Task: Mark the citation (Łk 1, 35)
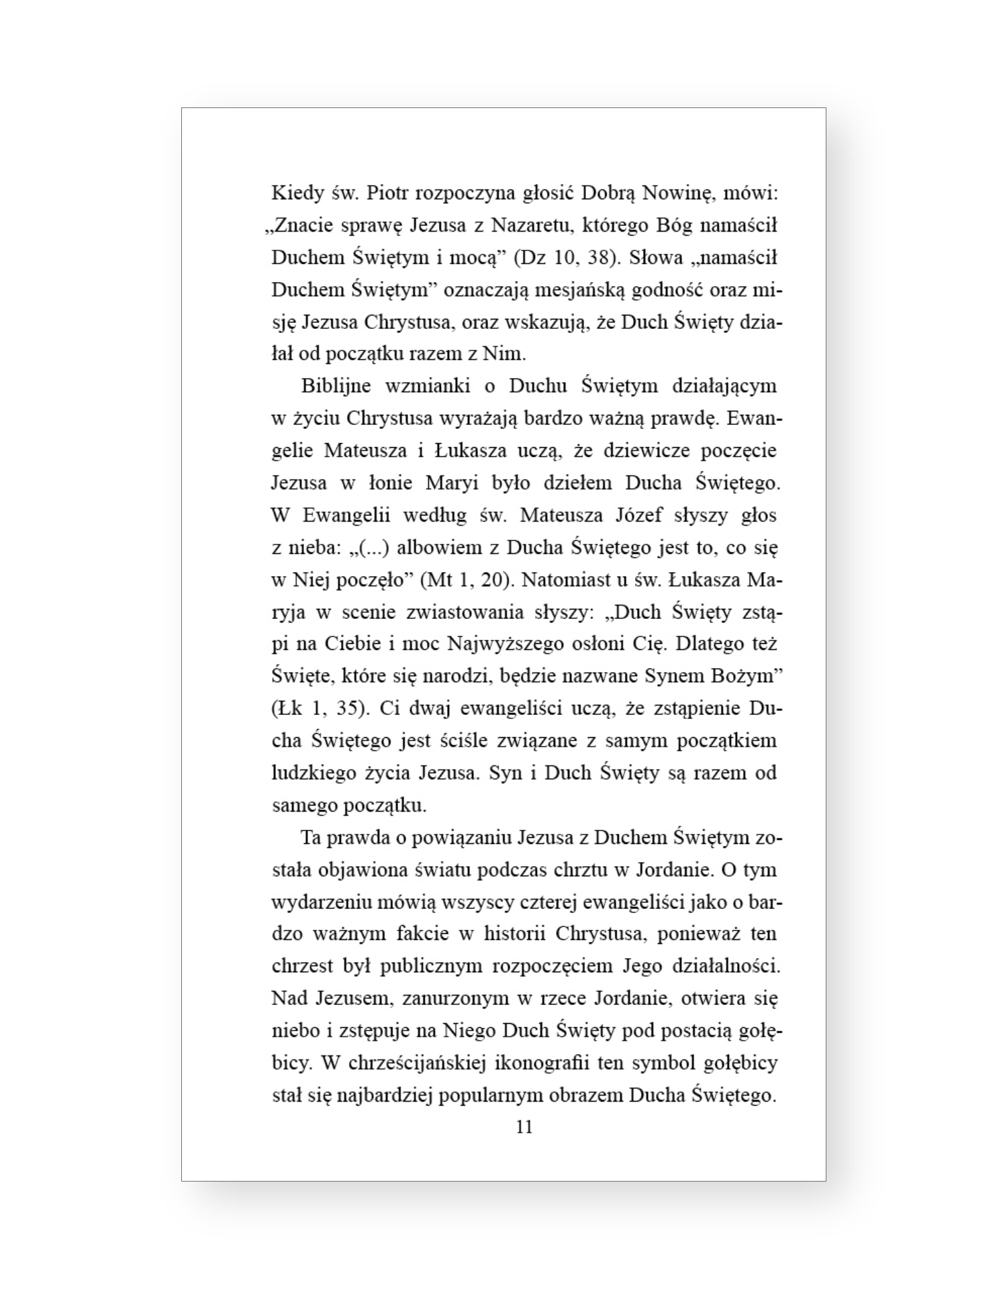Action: [x=320, y=708]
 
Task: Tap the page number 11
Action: [x=524, y=1127]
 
